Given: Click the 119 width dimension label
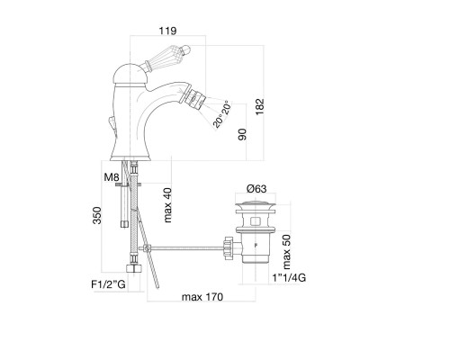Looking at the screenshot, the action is pos(167,31).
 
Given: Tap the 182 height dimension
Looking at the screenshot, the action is pos(259,106).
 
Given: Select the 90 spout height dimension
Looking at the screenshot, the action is pos(242,134).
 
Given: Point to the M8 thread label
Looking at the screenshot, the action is pos(112,177).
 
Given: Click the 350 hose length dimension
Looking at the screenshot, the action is pos(97,215).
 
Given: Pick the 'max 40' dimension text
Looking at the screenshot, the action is pos(167,205).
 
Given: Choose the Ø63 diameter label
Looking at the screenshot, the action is pos(256,189).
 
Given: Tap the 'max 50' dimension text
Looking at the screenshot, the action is pos(286,252).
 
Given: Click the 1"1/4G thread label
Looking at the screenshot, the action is pos(289,278).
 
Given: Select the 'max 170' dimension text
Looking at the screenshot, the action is pos(202,297).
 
